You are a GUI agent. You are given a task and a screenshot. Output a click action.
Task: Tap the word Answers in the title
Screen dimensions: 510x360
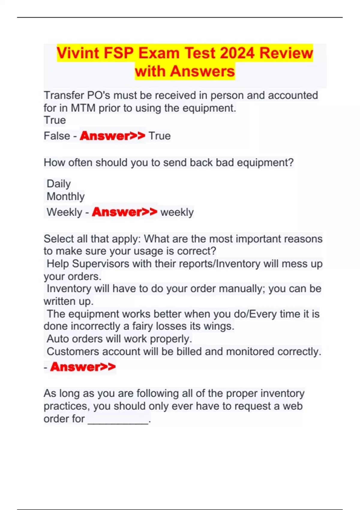click(202, 71)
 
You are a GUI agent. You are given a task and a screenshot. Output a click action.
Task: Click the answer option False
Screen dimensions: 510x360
click(57, 136)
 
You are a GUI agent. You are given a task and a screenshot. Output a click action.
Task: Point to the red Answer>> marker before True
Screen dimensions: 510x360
click(112, 136)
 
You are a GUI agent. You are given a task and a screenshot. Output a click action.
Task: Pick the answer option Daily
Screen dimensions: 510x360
click(59, 184)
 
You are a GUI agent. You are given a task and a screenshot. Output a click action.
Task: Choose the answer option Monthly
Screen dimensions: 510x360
click(66, 196)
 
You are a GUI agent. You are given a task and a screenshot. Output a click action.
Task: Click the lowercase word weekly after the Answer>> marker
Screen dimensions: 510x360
click(177, 212)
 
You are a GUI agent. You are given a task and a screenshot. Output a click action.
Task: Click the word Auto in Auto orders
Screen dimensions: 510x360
click(58, 339)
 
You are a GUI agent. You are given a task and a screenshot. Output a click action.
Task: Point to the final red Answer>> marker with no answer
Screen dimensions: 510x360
click(83, 367)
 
